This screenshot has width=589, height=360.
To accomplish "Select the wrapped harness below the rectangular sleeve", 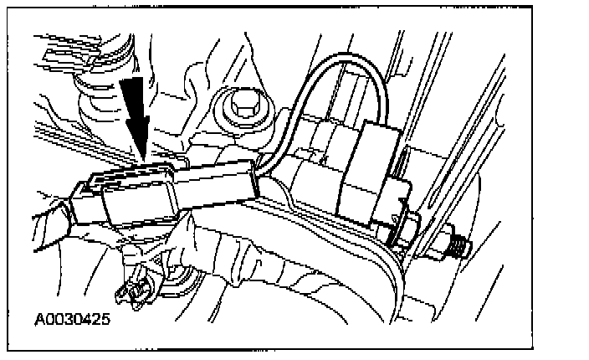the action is point(251,251).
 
